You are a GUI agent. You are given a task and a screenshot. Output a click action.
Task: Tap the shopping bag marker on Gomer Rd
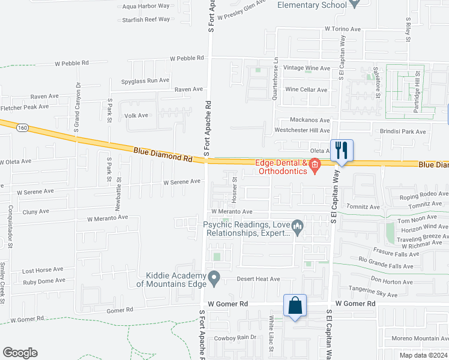[x=295, y=305]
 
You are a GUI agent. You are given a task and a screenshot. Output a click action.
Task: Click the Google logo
[x=20, y=353]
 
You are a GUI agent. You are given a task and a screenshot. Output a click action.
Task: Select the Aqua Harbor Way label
[x=146, y=7]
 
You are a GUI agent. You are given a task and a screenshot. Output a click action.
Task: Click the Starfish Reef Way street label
[x=146, y=19]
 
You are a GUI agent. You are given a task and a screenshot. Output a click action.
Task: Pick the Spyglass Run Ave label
[x=145, y=80]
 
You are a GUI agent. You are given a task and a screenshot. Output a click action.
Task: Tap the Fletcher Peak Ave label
[x=25, y=107]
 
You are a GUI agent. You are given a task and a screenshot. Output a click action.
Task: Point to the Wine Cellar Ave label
[x=306, y=90]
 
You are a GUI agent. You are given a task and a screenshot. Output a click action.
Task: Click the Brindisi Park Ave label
[x=402, y=131]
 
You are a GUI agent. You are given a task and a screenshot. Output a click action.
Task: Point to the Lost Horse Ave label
[x=43, y=271]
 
